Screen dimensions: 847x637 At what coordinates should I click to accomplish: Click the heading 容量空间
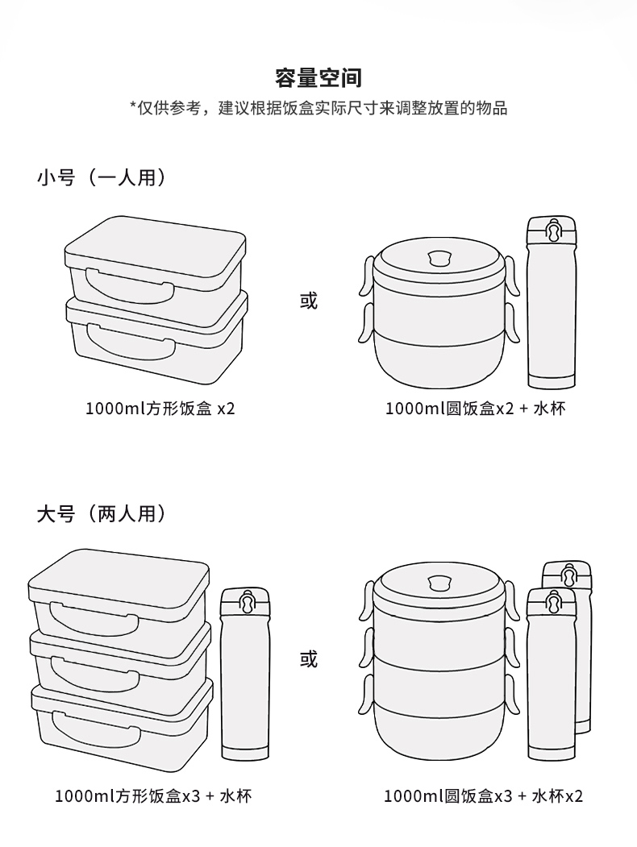pos(318,78)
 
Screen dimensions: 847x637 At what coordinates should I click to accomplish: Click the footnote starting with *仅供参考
pos(318,108)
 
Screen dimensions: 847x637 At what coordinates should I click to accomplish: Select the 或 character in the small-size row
pos(309,301)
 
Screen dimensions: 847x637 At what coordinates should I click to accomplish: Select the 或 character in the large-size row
pos(309,659)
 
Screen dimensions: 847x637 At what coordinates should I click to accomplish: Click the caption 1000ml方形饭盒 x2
pos(160,409)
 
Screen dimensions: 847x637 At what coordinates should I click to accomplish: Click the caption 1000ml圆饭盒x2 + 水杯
pos(475,409)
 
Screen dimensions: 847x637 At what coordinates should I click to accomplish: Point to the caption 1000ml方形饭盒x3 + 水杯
pos(153,796)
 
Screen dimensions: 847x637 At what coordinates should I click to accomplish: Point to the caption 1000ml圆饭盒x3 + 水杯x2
pos(483,796)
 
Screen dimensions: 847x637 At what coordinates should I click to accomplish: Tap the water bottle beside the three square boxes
pos(245,677)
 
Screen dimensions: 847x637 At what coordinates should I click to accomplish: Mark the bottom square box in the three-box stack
pos(121,721)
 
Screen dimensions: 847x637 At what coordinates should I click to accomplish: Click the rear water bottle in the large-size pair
pos(582,645)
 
